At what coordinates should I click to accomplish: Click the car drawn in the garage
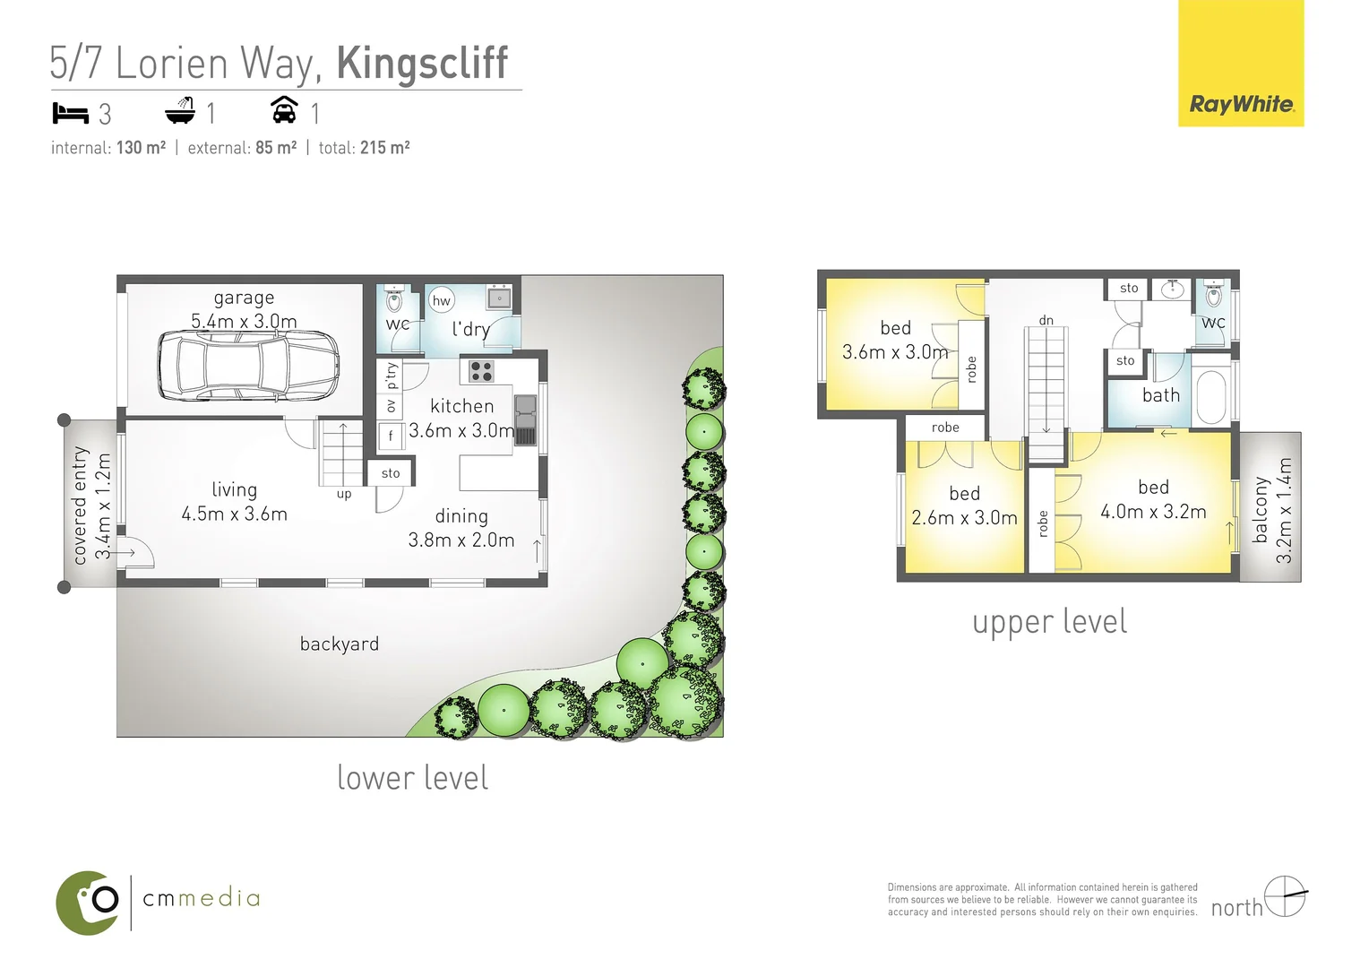pos(249,365)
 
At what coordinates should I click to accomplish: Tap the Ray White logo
pos(1241,104)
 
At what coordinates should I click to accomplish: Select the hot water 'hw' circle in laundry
pos(442,301)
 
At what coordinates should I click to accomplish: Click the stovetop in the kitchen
pos(482,370)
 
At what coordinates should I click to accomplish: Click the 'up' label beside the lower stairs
pos(344,494)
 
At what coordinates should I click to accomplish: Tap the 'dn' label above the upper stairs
pos(1046,320)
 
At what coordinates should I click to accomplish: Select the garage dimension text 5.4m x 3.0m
pos(244,321)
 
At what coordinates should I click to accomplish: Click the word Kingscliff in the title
pos(422,64)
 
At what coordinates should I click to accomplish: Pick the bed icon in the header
pos(71,114)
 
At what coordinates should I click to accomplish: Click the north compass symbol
pos(1286,895)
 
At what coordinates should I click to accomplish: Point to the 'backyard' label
pos(340,644)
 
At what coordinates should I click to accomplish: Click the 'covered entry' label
pos(81,506)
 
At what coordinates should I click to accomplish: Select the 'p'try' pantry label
pos(391,375)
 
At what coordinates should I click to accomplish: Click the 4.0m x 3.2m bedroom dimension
pos(1153,512)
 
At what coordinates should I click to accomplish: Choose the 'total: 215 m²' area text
pos(364,148)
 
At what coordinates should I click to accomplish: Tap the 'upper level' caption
pos(1049,622)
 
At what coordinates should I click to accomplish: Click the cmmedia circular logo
pos(88,902)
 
